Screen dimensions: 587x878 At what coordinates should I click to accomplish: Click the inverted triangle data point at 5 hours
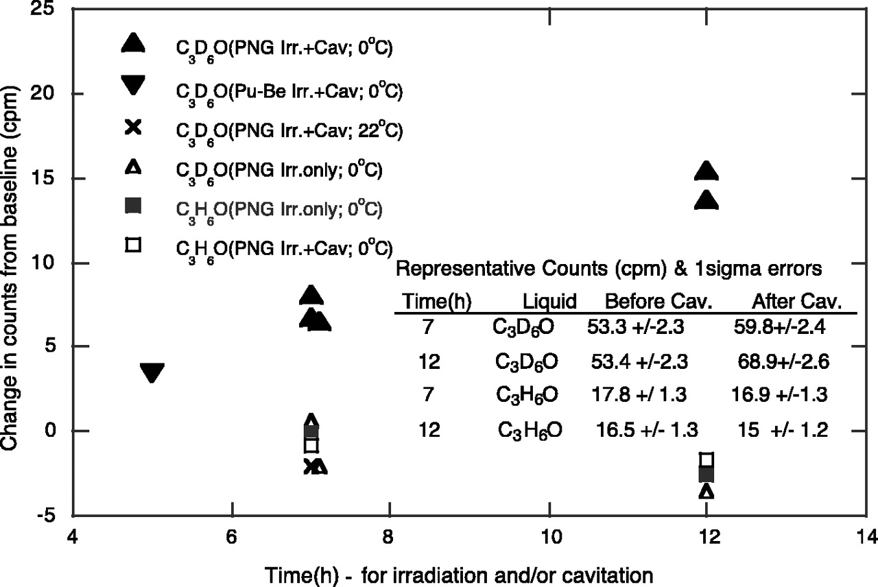[x=152, y=373]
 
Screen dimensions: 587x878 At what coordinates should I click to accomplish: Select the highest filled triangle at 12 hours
[x=707, y=171]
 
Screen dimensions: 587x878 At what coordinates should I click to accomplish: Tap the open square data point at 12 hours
[x=707, y=459]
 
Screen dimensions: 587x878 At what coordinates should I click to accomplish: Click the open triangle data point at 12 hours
[x=707, y=492]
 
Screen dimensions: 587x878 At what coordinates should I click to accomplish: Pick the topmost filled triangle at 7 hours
[x=311, y=295]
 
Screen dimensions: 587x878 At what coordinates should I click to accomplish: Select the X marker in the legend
[x=133, y=127]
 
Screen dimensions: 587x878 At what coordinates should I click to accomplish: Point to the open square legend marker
[x=133, y=244]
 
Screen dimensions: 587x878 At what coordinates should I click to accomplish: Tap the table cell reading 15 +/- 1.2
[x=779, y=431]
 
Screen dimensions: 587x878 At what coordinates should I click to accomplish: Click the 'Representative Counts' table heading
[x=609, y=269]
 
